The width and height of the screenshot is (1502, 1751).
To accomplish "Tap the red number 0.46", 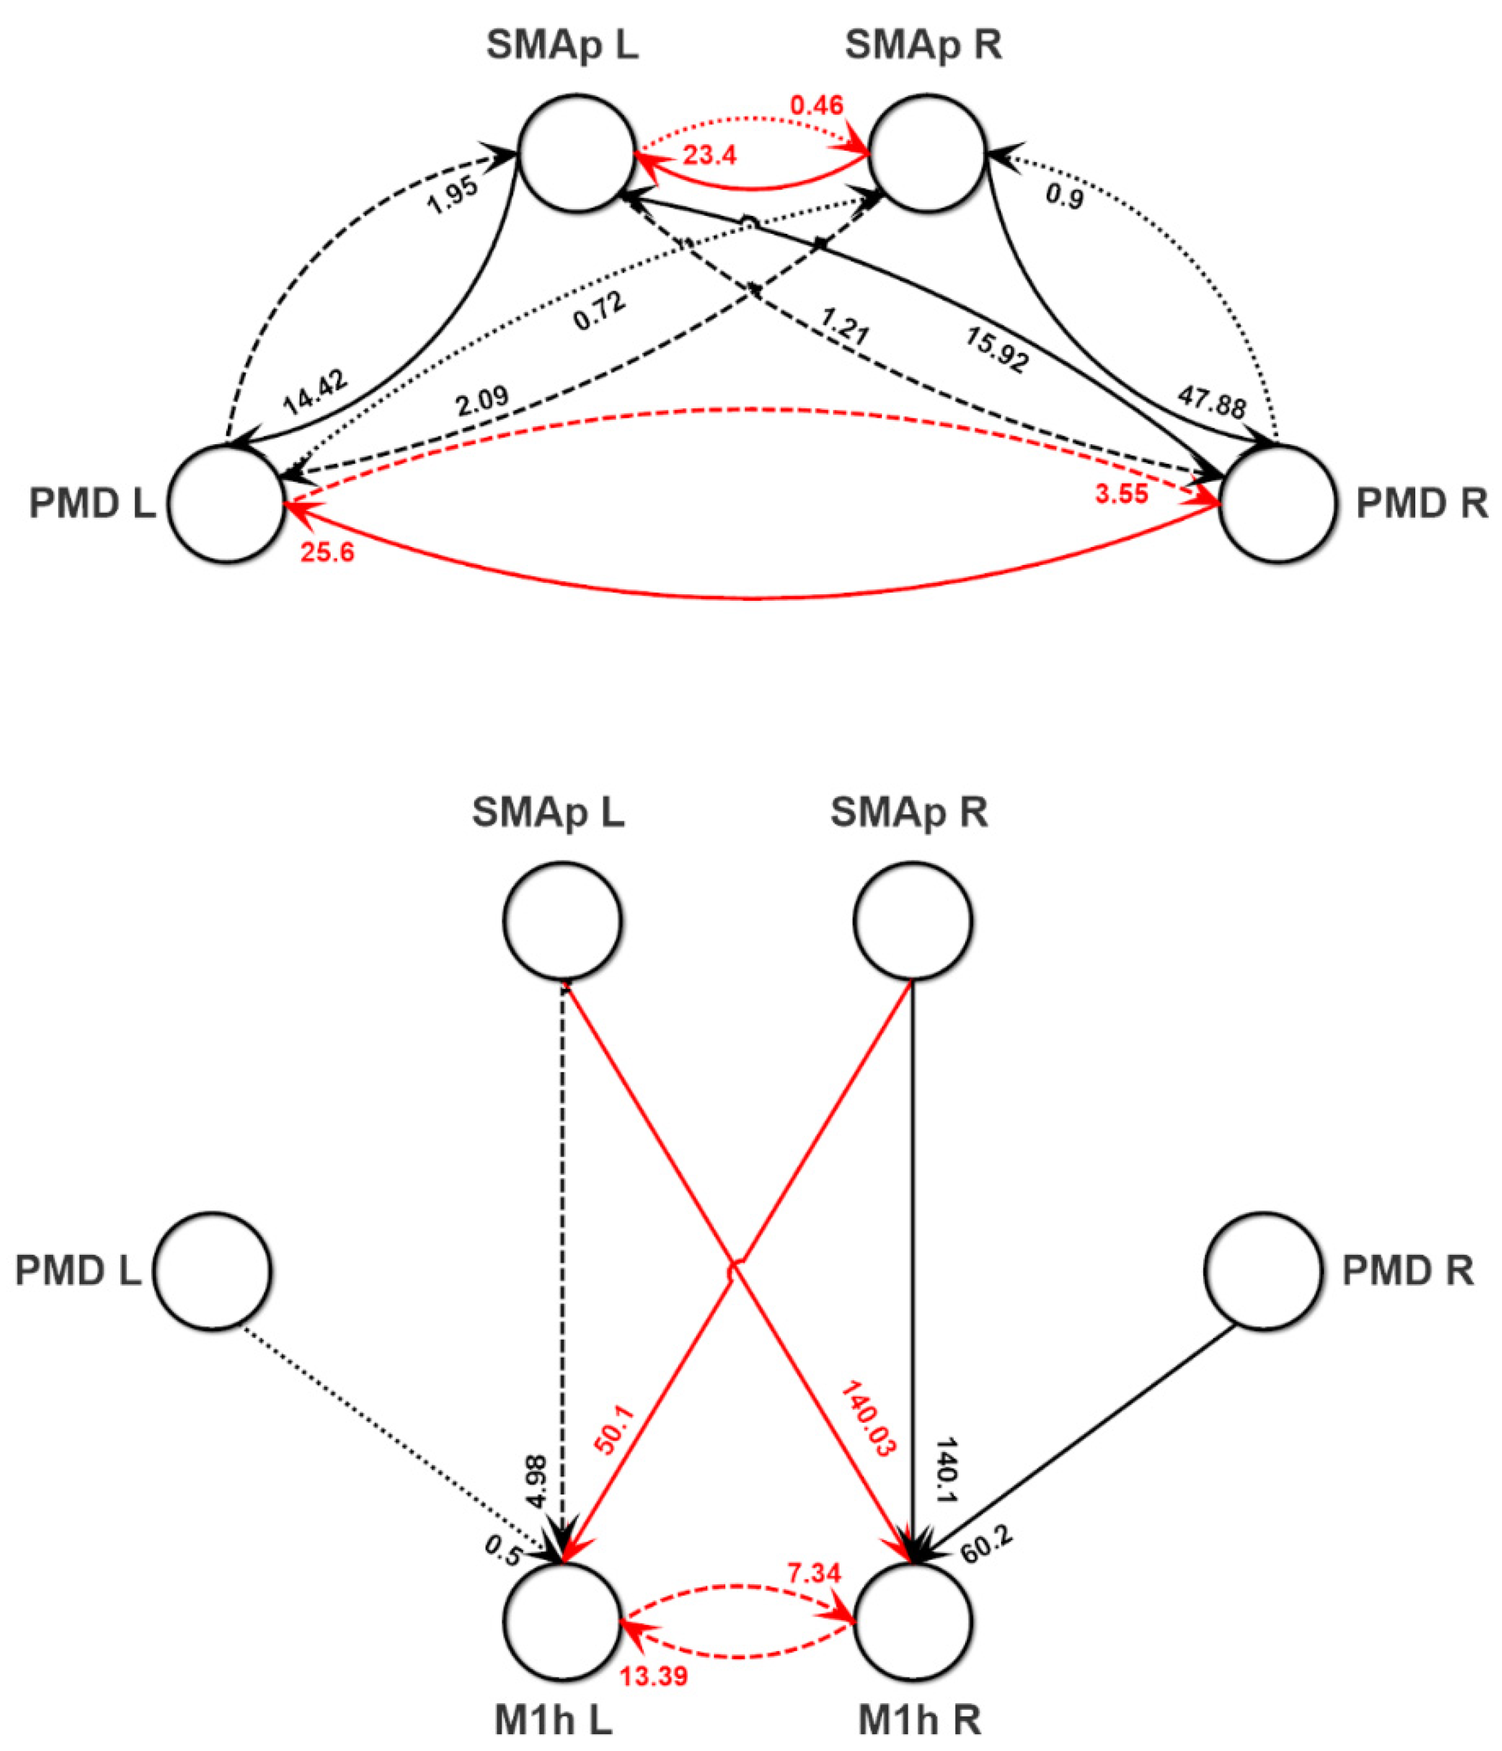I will (817, 106).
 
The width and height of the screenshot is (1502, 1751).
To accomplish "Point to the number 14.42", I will (313, 393).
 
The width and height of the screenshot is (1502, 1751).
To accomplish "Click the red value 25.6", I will (327, 553).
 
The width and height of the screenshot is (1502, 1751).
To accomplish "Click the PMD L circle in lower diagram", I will (212, 1270).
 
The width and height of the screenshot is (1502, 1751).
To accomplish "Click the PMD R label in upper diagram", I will (1422, 504).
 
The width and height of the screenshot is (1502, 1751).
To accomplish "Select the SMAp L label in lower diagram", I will (548, 812).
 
